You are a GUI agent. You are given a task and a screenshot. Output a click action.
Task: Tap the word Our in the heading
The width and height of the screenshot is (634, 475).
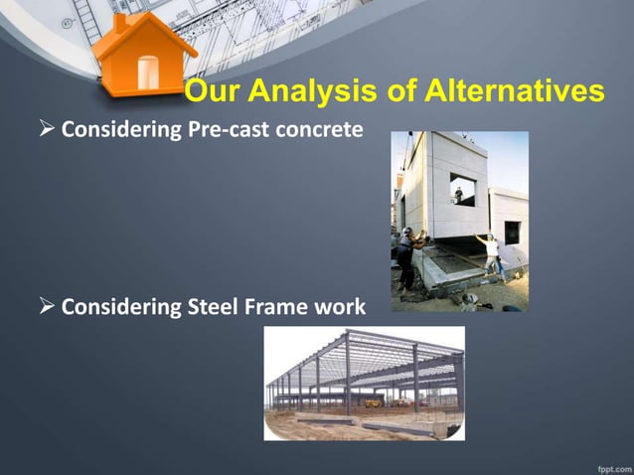pos(212,93)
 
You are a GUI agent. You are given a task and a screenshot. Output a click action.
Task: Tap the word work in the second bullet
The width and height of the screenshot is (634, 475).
pos(340,307)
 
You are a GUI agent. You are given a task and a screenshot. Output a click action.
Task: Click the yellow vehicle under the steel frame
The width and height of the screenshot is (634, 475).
pos(373,402)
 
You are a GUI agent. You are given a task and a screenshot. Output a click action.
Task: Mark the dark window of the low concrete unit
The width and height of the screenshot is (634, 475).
pos(512,233)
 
